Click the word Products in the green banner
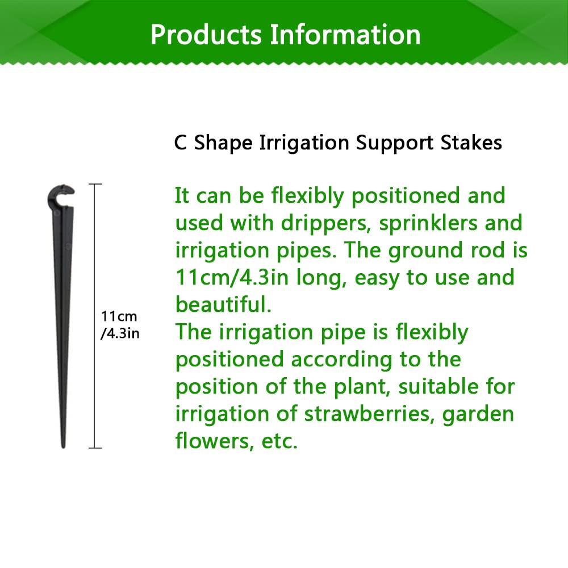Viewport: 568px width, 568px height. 206,35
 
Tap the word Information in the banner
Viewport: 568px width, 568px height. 345,35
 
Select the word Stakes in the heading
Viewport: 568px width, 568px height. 471,143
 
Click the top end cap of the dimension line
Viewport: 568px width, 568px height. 95,185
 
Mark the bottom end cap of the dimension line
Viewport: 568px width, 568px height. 95,448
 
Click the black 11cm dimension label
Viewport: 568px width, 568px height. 119,316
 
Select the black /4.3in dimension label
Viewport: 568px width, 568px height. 120,333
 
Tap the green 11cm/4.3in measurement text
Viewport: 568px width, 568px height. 232,278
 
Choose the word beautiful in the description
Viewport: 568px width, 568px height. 223,304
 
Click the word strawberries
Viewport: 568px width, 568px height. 370,414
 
